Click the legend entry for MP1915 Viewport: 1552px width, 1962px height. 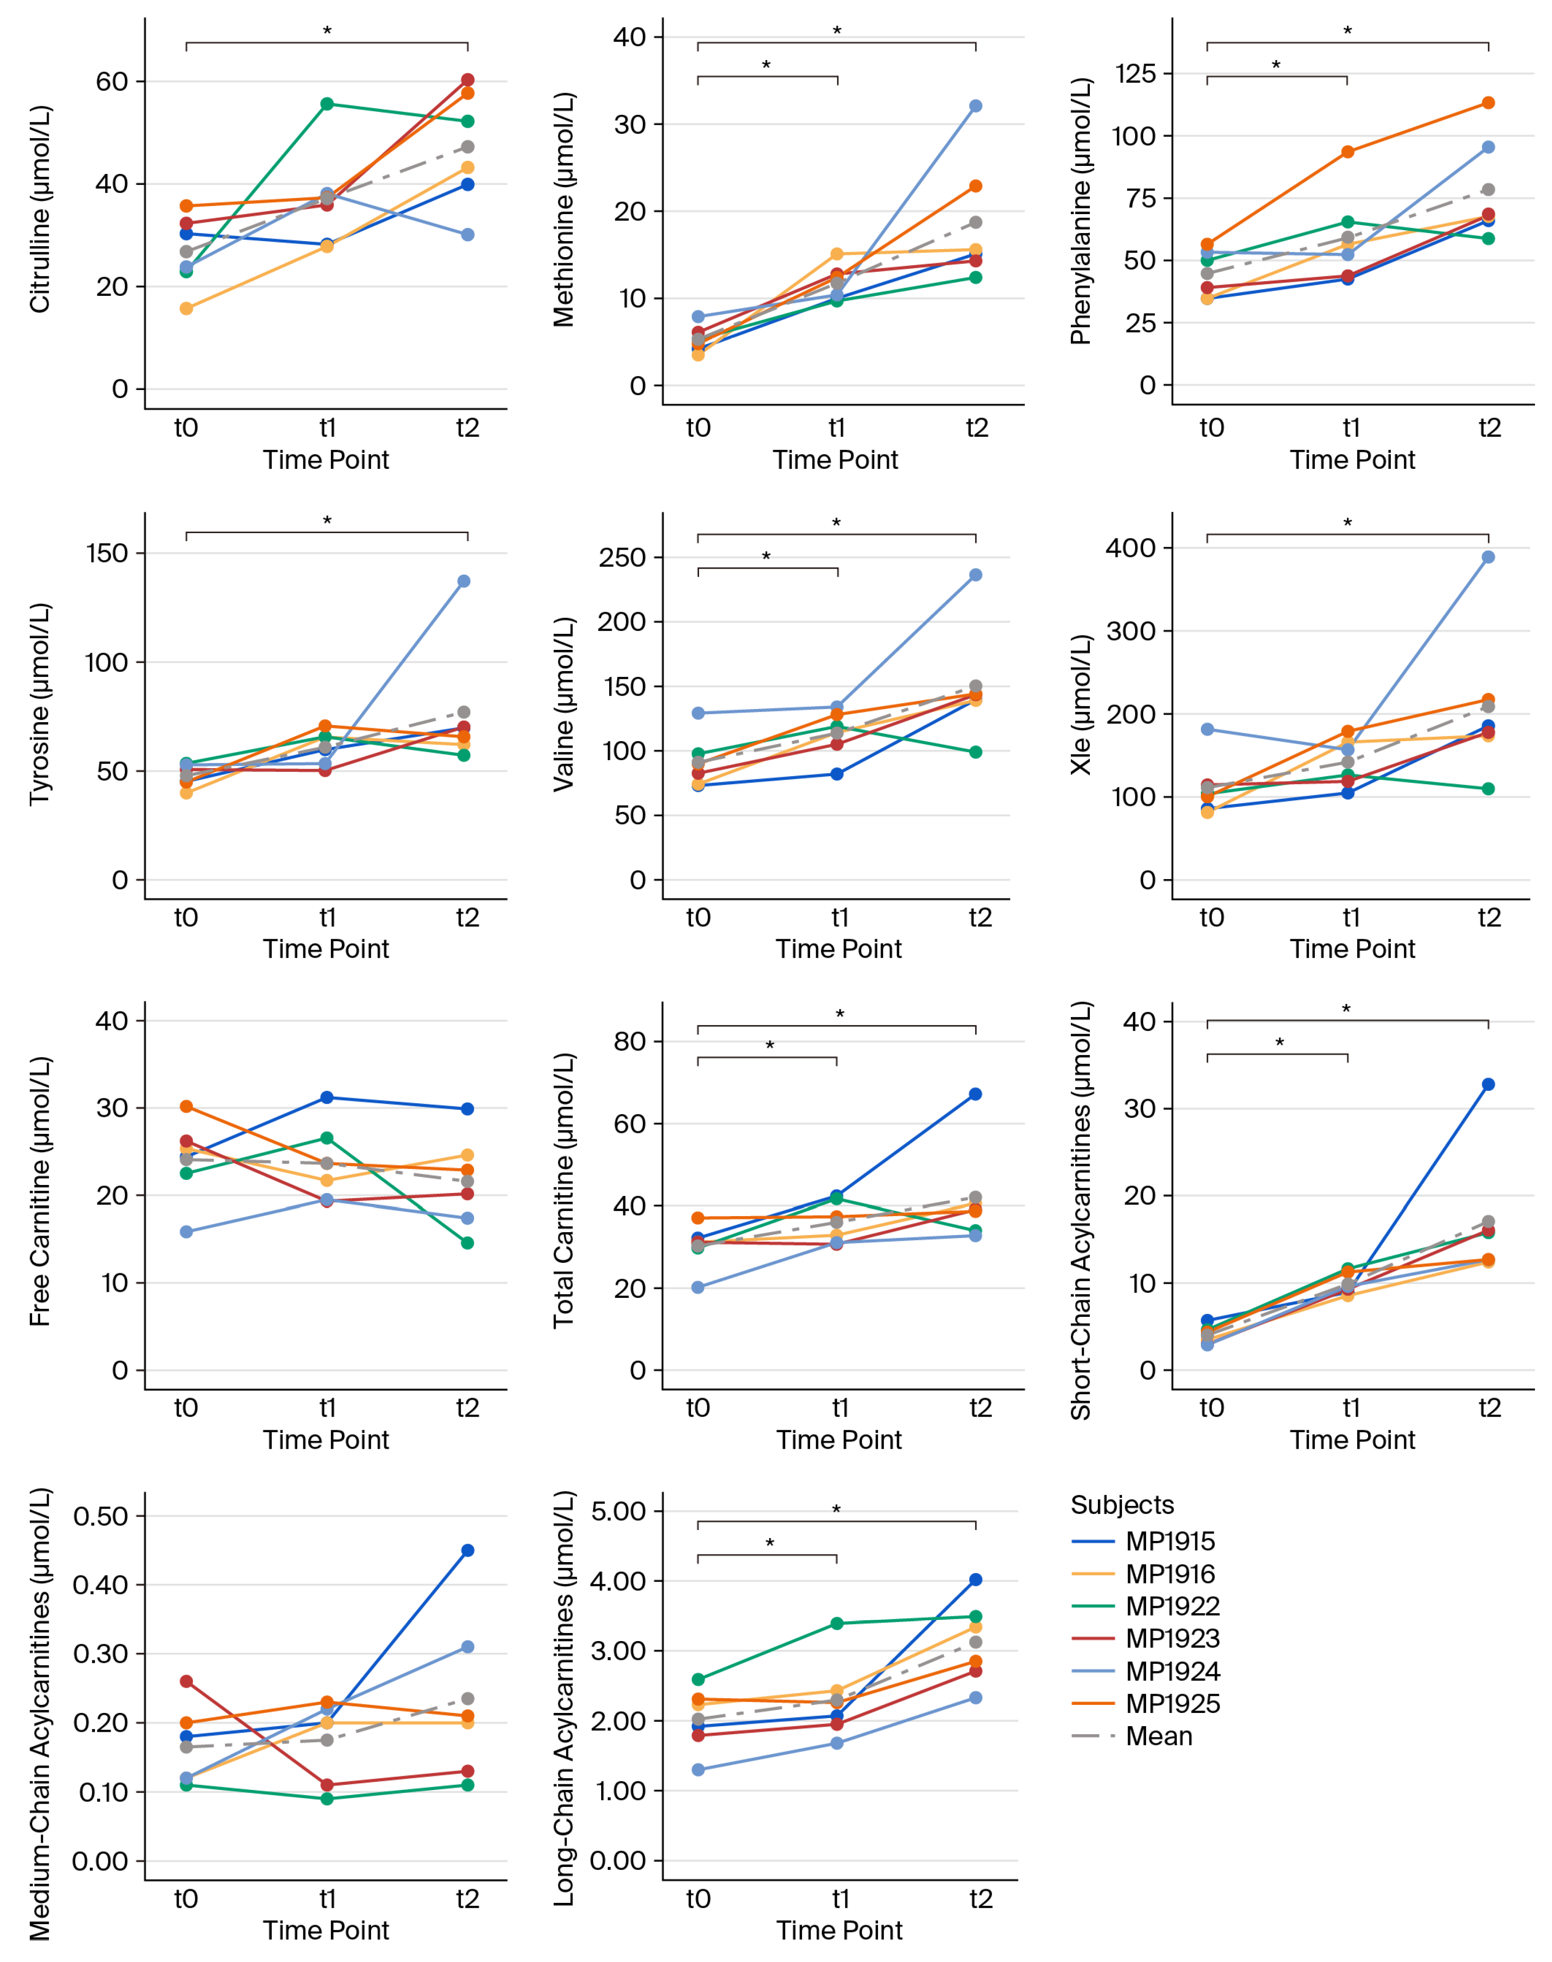click(x=1170, y=1541)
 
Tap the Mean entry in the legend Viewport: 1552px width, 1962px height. click(x=1158, y=1737)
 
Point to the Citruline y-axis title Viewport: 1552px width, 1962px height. click(x=40, y=209)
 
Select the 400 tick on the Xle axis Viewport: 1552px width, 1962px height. click(x=1130, y=548)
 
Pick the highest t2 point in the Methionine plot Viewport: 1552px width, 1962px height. click(x=975, y=106)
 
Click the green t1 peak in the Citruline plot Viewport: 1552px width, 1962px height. click(x=327, y=104)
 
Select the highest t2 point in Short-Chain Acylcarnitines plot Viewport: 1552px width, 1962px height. click(x=1487, y=1084)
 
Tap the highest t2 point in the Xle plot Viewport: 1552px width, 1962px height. click(x=1487, y=557)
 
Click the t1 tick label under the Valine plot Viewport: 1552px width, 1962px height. click(x=840, y=918)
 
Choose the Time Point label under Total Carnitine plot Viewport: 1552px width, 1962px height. click(x=839, y=1439)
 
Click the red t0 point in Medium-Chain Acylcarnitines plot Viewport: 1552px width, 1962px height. click(x=186, y=1681)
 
